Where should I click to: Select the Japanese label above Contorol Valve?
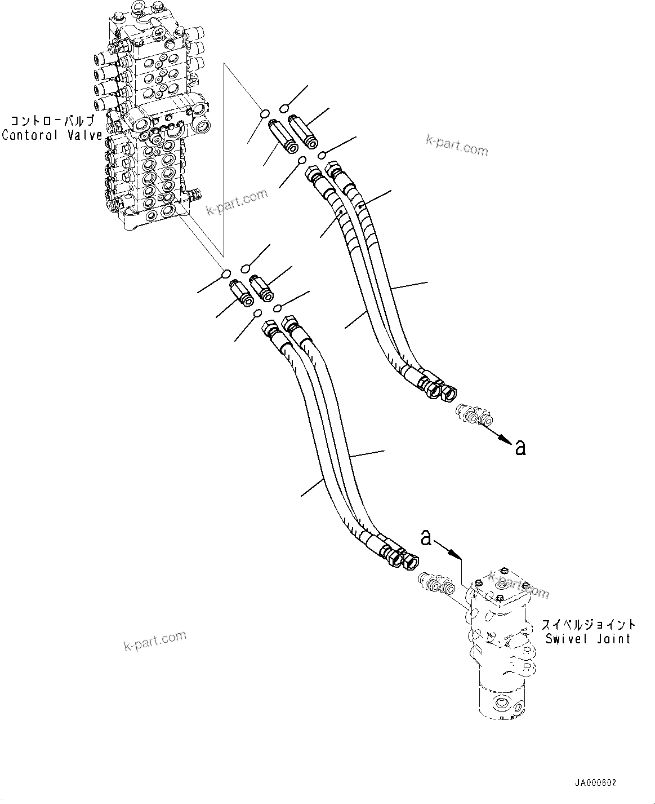tap(54, 121)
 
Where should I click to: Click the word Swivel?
tap(564, 639)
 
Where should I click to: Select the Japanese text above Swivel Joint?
tap(589, 625)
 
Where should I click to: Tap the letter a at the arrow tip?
tap(520, 448)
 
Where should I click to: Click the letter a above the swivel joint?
tap(426, 538)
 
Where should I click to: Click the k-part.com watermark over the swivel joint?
tap(518, 585)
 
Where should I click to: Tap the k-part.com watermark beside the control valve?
tap(237, 202)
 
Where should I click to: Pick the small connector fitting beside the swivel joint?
tap(436, 584)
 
